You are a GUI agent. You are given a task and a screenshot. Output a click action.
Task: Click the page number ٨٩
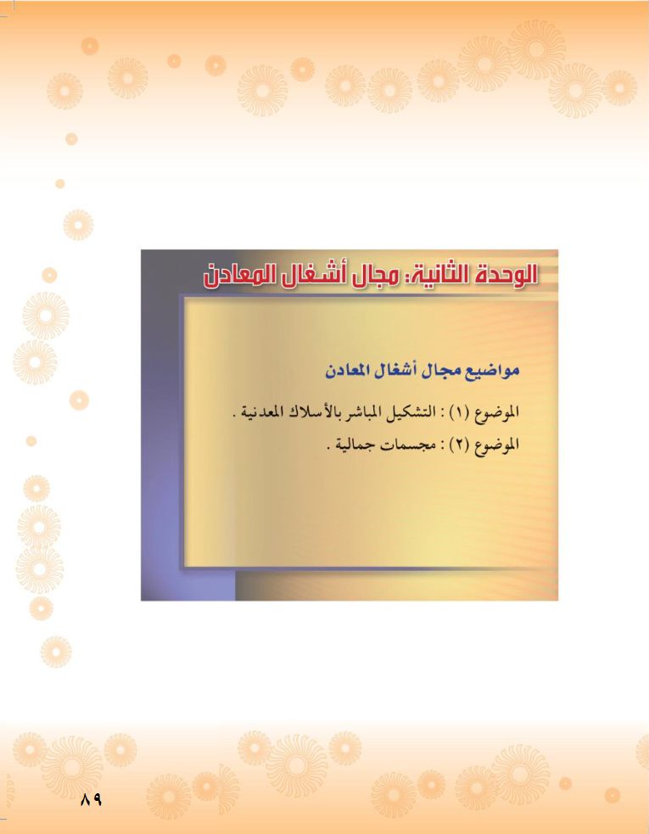[x=91, y=799]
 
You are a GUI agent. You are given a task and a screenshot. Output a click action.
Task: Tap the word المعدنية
[x=260, y=411]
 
